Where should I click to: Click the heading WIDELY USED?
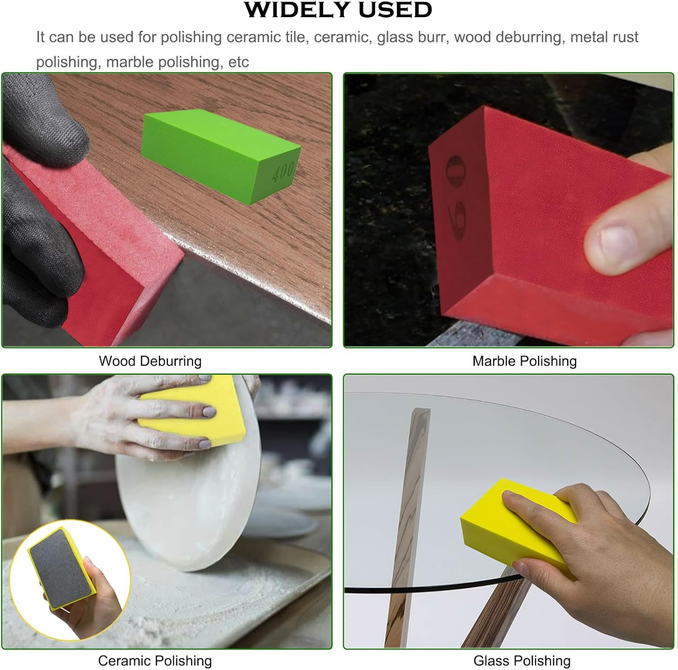[338, 10]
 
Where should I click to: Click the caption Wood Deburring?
[150, 361]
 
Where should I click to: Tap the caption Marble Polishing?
[524, 361]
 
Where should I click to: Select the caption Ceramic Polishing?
[155, 661]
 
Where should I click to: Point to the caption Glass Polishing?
[522, 661]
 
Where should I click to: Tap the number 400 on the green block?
[283, 172]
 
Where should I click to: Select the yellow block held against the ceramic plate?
[192, 411]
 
